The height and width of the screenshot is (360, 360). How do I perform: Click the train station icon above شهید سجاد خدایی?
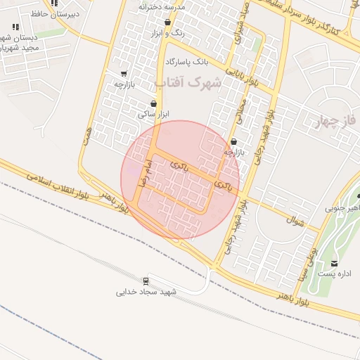pos(146,281)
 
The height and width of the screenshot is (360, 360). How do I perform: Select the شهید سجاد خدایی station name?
pos(146,292)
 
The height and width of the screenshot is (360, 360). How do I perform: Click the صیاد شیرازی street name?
pos(241,27)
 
